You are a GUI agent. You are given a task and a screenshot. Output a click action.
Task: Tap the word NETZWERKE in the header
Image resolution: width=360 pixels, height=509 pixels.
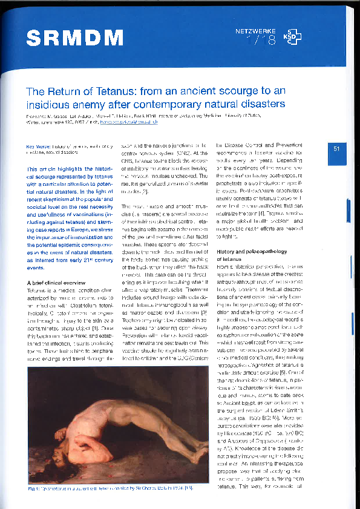(x=255, y=30)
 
